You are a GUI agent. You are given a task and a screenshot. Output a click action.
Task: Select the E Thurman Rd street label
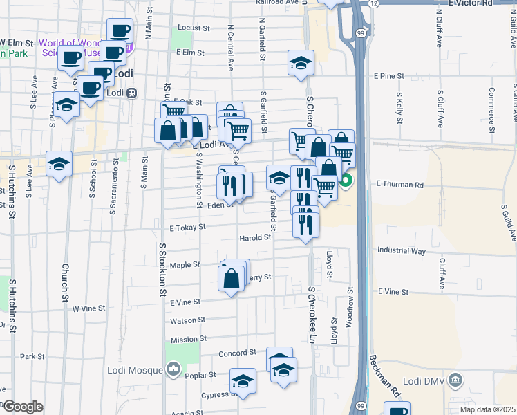pos(399,185)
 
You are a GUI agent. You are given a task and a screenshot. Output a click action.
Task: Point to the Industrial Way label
pos(402,251)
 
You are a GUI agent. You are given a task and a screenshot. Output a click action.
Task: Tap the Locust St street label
pos(194,28)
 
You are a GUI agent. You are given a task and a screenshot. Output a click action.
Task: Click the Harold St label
pos(255,237)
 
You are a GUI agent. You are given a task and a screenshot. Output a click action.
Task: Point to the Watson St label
pos(188,320)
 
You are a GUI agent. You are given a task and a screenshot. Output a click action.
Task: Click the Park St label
pos(32,357)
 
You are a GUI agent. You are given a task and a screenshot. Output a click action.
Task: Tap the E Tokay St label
pos(188,226)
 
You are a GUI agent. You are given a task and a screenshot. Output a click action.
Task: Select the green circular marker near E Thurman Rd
pos(345,182)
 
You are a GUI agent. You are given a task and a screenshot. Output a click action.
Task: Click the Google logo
pos(23,407)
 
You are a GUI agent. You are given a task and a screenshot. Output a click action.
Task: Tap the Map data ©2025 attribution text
pos(487,409)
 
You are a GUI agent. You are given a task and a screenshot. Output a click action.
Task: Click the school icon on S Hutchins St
pos(59,164)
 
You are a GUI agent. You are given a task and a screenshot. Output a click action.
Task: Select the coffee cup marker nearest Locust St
pos(120,30)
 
